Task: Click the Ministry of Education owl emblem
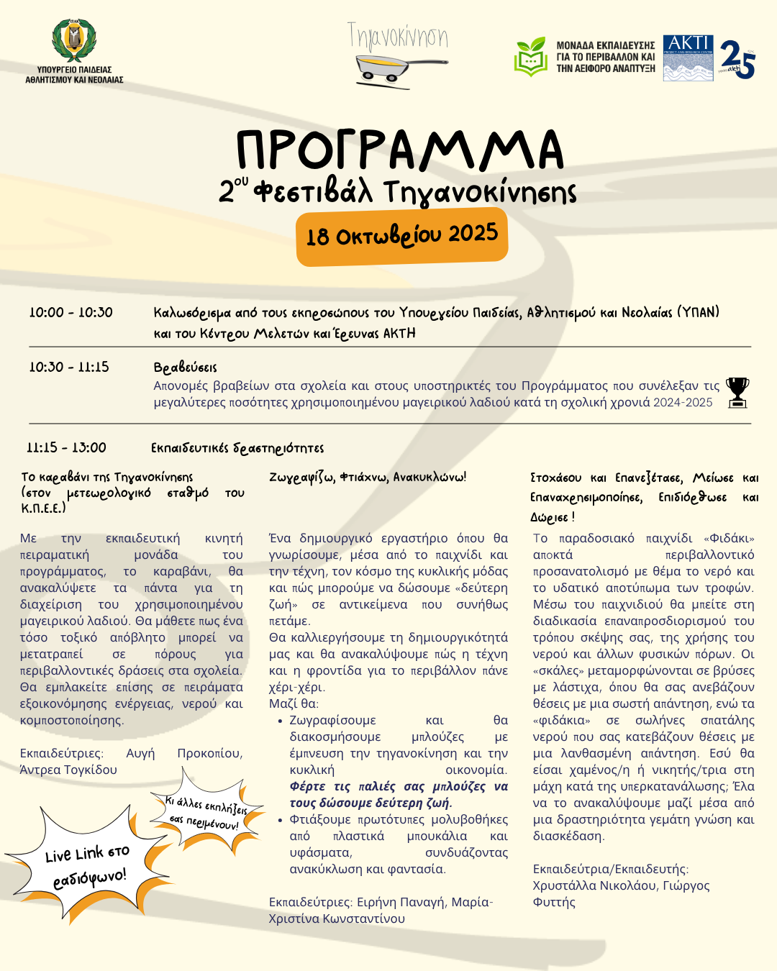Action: click(74, 41)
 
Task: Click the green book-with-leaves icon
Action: click(531, 56)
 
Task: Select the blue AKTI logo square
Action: click(688, 58)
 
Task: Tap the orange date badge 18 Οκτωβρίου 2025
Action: click(401, 236)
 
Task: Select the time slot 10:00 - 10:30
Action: click(71, 312)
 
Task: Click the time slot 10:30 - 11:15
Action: click(69, 367)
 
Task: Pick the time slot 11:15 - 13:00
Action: click(66, 447)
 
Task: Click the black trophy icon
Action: click(737, 392)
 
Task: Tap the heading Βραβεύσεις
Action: click(185, 368)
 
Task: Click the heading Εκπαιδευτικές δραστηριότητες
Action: click(237, 448)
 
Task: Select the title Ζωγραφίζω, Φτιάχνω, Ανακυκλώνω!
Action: click(368, 477)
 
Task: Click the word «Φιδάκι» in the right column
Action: click(729, 538)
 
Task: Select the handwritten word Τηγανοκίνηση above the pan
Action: click(398, 36)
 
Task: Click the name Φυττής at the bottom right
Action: click(554, 902)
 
